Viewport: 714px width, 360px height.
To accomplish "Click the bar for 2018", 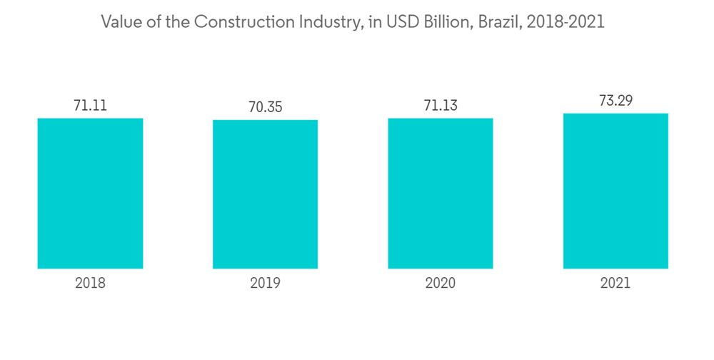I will point(90,193).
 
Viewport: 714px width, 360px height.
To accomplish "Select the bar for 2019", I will point(265,194).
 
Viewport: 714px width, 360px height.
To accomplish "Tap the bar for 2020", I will point(441,193).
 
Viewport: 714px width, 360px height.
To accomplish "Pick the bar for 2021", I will point(615,191).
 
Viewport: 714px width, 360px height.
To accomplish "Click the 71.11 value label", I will point(90,106).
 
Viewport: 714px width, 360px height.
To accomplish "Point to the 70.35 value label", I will point(265,107).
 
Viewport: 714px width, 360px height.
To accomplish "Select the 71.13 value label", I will point(441,106).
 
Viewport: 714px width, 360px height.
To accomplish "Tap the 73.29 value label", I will point(615,101).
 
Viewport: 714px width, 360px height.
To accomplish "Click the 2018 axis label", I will point(90,284).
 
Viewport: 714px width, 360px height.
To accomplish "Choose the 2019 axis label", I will point(265,284).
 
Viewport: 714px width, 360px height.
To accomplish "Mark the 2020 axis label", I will point(441,284).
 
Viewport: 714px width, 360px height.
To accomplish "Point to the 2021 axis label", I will point(615,284).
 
